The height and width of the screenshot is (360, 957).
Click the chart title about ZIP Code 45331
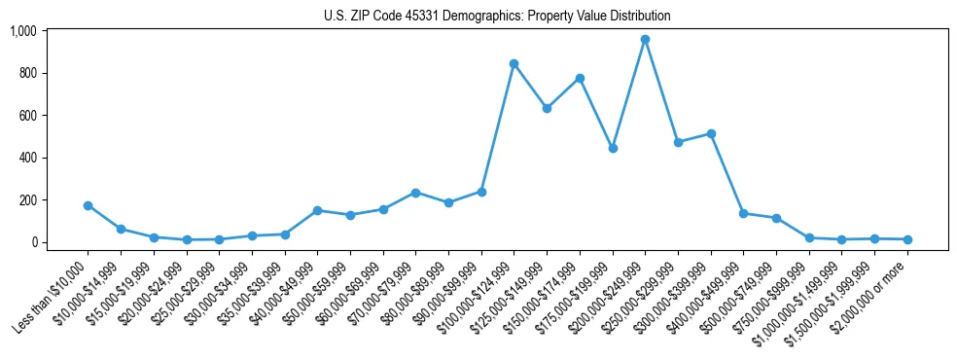click(x=497, y=17)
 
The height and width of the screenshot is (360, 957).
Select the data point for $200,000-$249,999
click(x=645, y=40)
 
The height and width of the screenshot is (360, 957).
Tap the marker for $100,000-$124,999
click(x=514, y=64)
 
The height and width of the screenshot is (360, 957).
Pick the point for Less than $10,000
click(x=89, y=205)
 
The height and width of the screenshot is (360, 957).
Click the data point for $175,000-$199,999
click(x=613, y=148)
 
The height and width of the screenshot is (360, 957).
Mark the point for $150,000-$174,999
click(x=580, y=78)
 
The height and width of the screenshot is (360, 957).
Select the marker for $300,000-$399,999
click(x=711, y=133)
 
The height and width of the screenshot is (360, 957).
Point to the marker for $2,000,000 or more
click(x=907, y=239)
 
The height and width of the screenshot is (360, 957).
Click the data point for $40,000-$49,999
click(x=317, y=210)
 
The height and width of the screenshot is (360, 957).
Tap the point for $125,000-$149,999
click(x=547, y=108)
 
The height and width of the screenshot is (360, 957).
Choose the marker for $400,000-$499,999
click(x=743, y=213)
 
